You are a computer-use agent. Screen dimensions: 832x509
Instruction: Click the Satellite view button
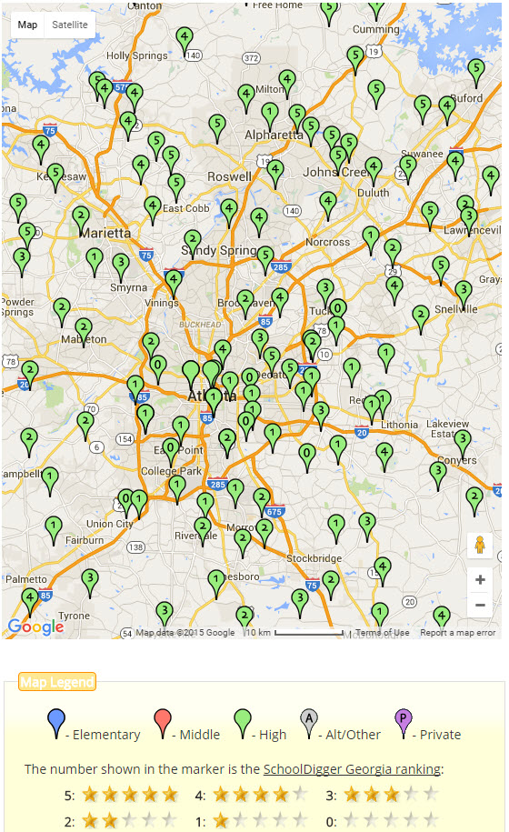tap(70, 25)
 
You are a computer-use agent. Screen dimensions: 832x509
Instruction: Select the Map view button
tap(28, 25)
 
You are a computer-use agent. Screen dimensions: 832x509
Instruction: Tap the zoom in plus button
tap(480, 580)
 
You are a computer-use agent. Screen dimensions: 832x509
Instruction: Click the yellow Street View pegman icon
tap(480, 546)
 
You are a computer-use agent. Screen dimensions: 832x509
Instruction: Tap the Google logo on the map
tap(35, 627)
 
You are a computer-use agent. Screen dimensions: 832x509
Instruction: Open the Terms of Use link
tap(382, 633)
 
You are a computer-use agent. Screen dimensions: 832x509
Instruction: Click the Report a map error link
tap(457, 633)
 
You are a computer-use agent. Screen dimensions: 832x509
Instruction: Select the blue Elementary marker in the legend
tap(56, 724)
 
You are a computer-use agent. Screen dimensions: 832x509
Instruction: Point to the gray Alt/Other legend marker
tap(309, 724)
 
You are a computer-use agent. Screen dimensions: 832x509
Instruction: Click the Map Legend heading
tap(57, 682)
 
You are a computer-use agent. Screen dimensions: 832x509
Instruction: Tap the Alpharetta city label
tap(273, 135)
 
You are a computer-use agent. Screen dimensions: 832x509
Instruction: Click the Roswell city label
tap(229, 176)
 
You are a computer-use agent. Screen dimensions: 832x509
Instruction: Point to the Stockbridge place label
tap(313, 558)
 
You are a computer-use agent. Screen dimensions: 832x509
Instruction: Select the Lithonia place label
tap(399, 425)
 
